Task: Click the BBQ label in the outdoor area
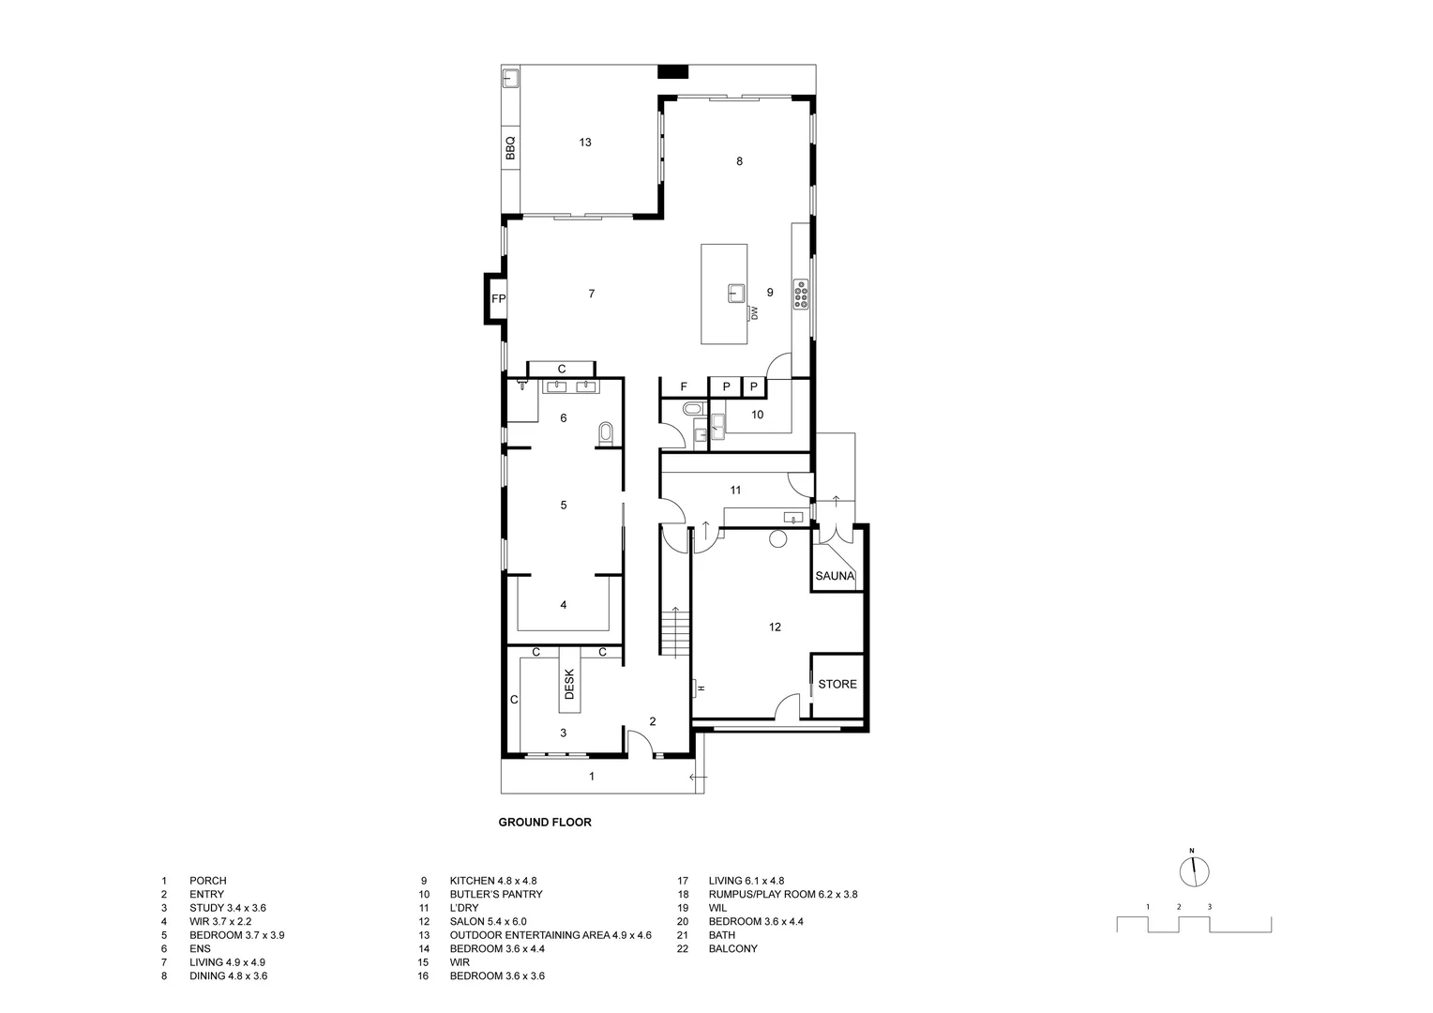pos(510,149)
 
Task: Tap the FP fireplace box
pos(498,299)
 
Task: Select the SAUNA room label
pos(835,576)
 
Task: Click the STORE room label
pos(837,685)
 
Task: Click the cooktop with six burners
pos(802,294)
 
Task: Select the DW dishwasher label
pos(753,312)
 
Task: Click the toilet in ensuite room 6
pos(605,432)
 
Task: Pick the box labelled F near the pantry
pos(684,386)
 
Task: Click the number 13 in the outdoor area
pos(585,143)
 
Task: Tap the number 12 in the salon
pos(775,627)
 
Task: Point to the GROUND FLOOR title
pos(544,823)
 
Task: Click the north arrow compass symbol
pos(1194,870)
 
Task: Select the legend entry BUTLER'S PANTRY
pos(495,895)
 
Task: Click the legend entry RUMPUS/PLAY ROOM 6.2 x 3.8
pos(782,895)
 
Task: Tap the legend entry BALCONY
pos(732,949)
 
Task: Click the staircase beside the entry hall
pos(674,633)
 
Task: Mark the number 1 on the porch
pos(591,777)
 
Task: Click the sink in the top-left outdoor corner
pos(512,78)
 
